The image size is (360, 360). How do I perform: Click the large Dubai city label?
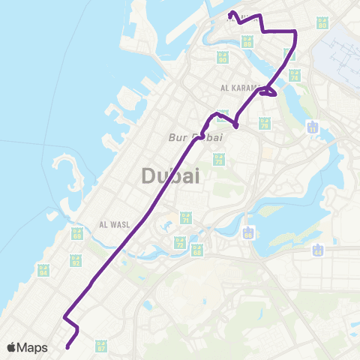[x=171, y=176]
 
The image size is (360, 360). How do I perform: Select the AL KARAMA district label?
[x=240, y=88]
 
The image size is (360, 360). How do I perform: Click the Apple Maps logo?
[x=27, y=347]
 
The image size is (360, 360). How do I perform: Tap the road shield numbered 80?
[x=322, y=22]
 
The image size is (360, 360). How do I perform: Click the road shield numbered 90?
[x=222, y=57]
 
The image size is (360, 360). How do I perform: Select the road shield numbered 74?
[x=295, y=75]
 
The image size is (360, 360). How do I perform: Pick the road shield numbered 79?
[x=265, y=124]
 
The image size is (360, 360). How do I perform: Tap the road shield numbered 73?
[x=219, y=159]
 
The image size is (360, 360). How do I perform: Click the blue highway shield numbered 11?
[x=312, y=128]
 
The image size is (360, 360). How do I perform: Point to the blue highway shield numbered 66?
[x=248, y=233]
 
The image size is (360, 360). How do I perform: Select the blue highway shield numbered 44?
[x=318, y=251]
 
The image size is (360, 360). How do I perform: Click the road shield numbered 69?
[x=77, y=234]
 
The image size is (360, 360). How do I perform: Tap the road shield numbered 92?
[x=76, y=260]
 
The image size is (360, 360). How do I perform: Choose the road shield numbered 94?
[x=43, y=269]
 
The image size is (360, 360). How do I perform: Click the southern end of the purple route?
[x=67, y=346]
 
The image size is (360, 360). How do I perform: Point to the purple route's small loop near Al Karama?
[x=270, y=92]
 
